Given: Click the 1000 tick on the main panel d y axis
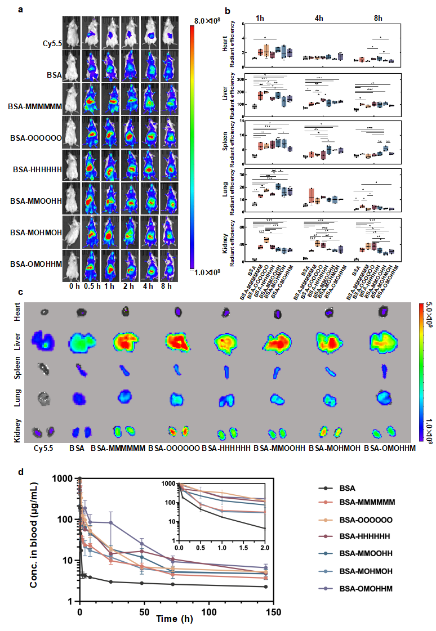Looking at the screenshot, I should pos(65,478).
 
